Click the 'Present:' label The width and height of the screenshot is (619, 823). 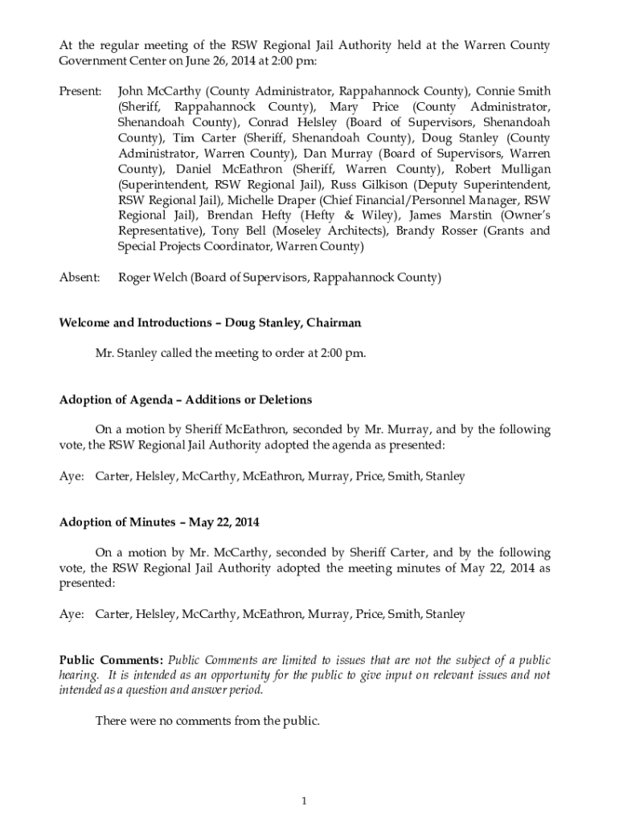coord(80,92)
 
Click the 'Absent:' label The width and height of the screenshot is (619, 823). coord(80,278)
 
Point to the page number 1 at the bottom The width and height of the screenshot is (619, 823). coord(305,800)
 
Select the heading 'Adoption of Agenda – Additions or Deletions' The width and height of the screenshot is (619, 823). coord(186,399)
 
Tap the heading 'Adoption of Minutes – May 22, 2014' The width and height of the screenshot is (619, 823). coord(159,522)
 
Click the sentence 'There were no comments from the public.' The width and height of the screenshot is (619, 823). coord(207,721)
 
